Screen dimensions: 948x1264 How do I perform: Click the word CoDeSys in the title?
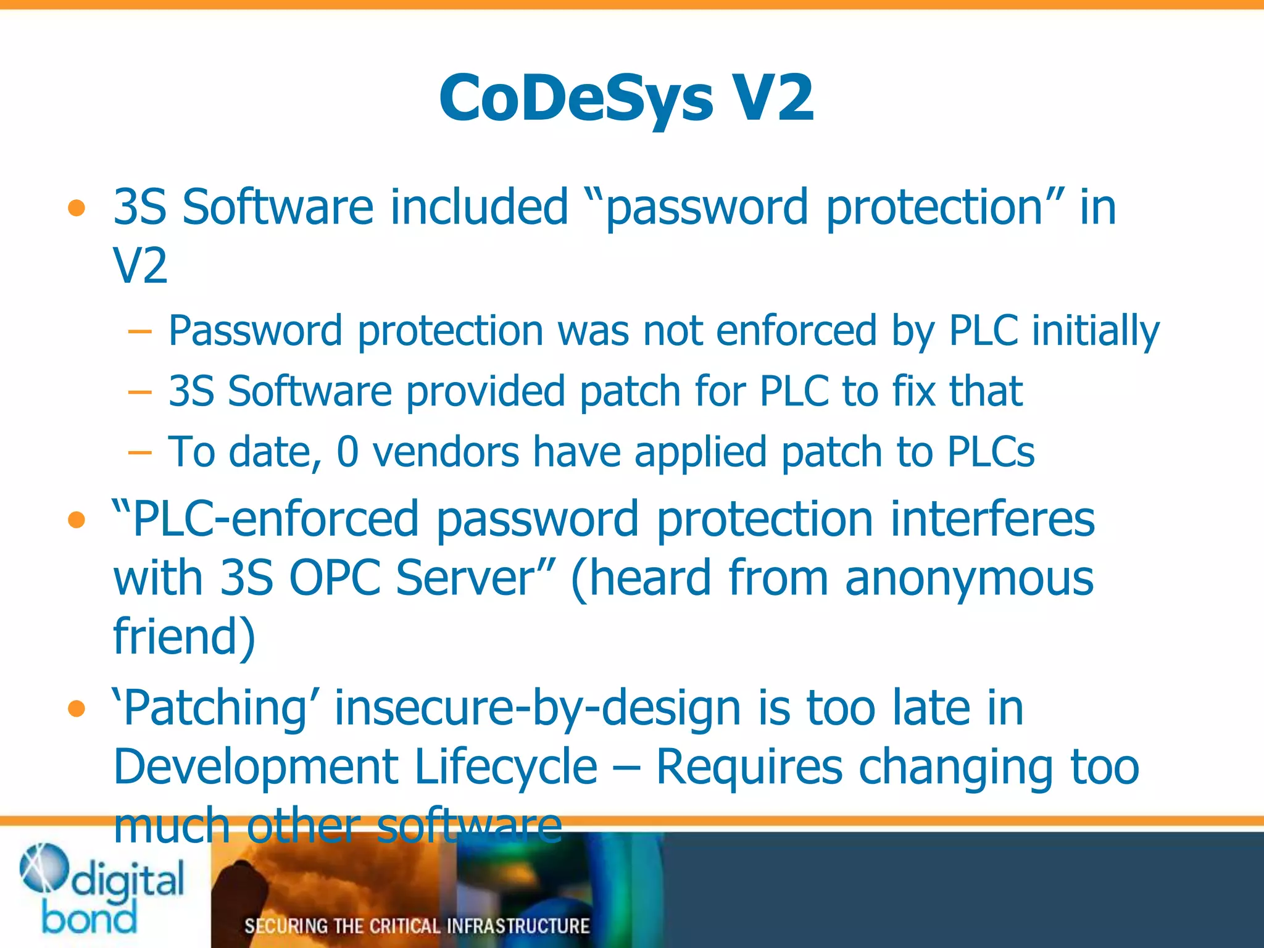pyautogui.click(x=576, y=99)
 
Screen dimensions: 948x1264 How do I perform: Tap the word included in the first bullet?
pyautogui.click(x=478, y=207)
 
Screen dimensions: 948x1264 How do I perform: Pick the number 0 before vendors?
pyautogui.click(x=347, y=452)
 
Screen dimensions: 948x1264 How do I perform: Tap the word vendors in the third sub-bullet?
pyautogui.click(x=446, y=452)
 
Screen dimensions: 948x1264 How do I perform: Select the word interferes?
pyautogui.click(x=992, y=519)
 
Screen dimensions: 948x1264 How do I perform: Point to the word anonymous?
pyautogui.click(x=969, y=578)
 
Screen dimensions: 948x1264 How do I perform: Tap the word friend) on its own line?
pyautogui.click(x=184, y=636)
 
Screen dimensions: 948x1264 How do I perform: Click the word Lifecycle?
pyautogui.click(x=506, y=767)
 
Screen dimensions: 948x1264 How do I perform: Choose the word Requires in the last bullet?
pyautogui.click(x=749, y=767)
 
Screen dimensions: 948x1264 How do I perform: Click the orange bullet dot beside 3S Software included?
pyautogui.click(x=77, y=209)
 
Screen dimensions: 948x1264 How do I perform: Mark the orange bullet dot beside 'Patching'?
pyautogui.click(x=77, y=709)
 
